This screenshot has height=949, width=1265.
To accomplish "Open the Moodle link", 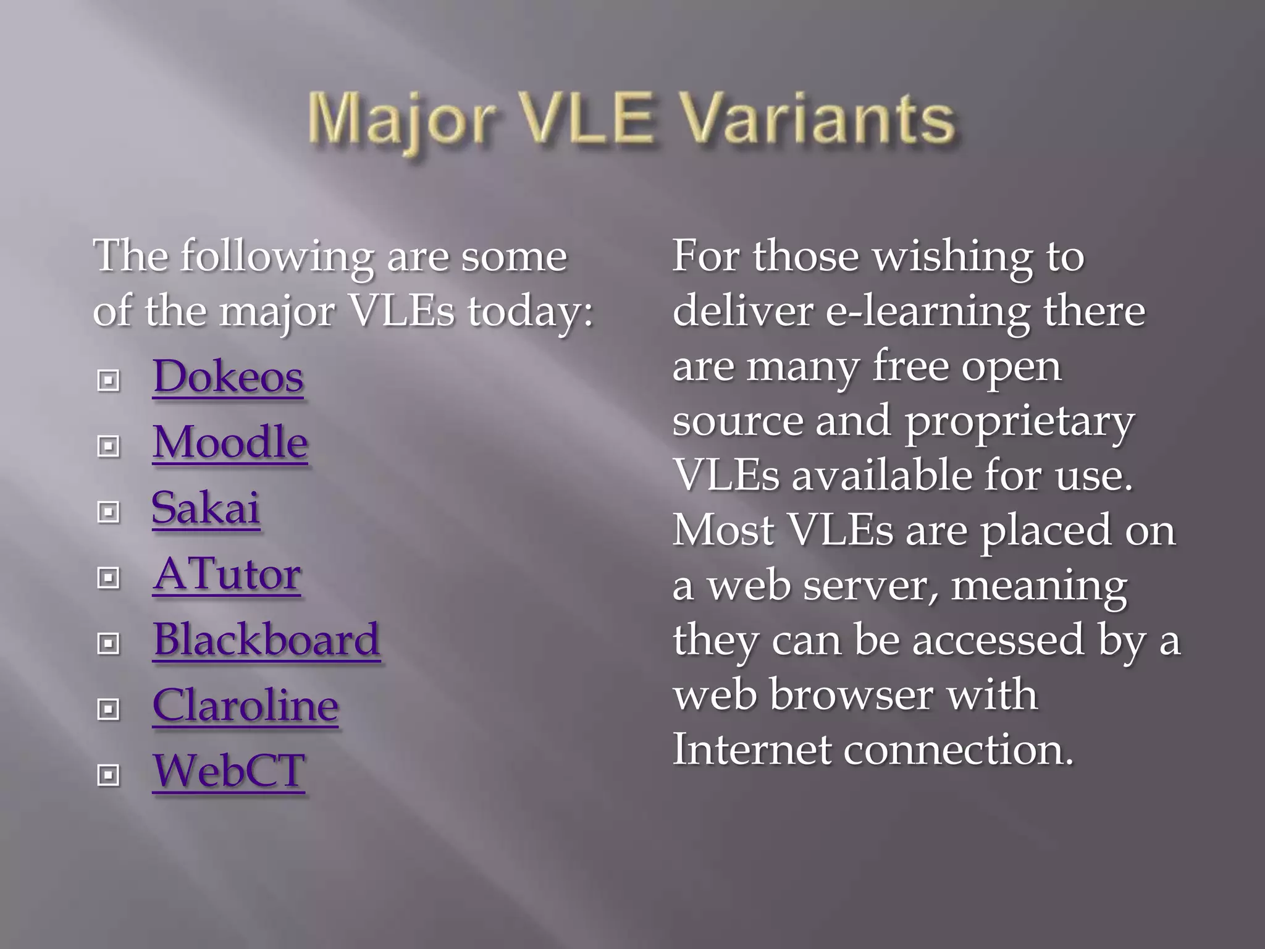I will [x=230, y=442].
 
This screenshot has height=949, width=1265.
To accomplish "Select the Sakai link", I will [x=206, y=508].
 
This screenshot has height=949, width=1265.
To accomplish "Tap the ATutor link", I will [x=227, y=575].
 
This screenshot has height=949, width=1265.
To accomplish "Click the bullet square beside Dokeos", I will [x=109, y=381].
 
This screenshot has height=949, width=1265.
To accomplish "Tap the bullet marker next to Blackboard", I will [x=109, y=644].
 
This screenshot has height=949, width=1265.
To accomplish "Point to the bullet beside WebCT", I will [x=109, y=775].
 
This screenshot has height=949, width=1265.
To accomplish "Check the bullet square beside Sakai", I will [x=109, y=512].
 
